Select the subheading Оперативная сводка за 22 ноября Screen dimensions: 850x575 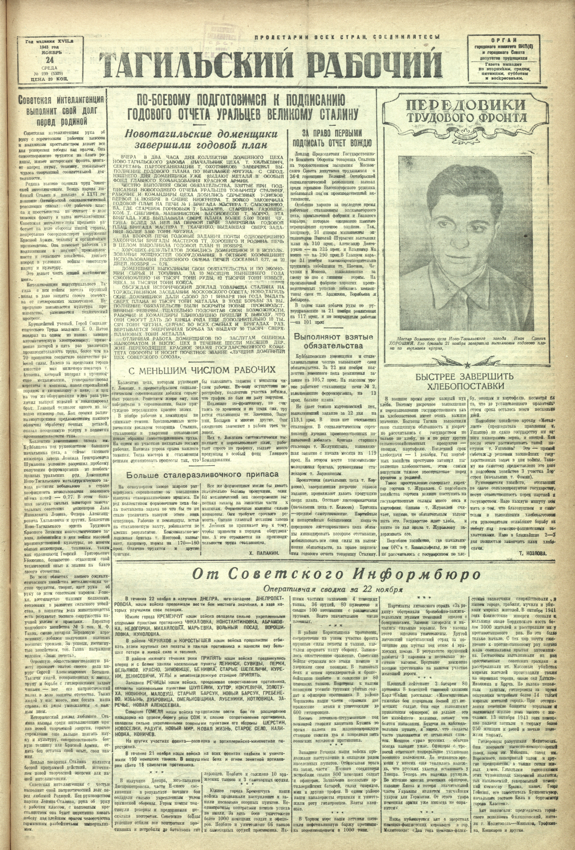click(333, 589)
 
